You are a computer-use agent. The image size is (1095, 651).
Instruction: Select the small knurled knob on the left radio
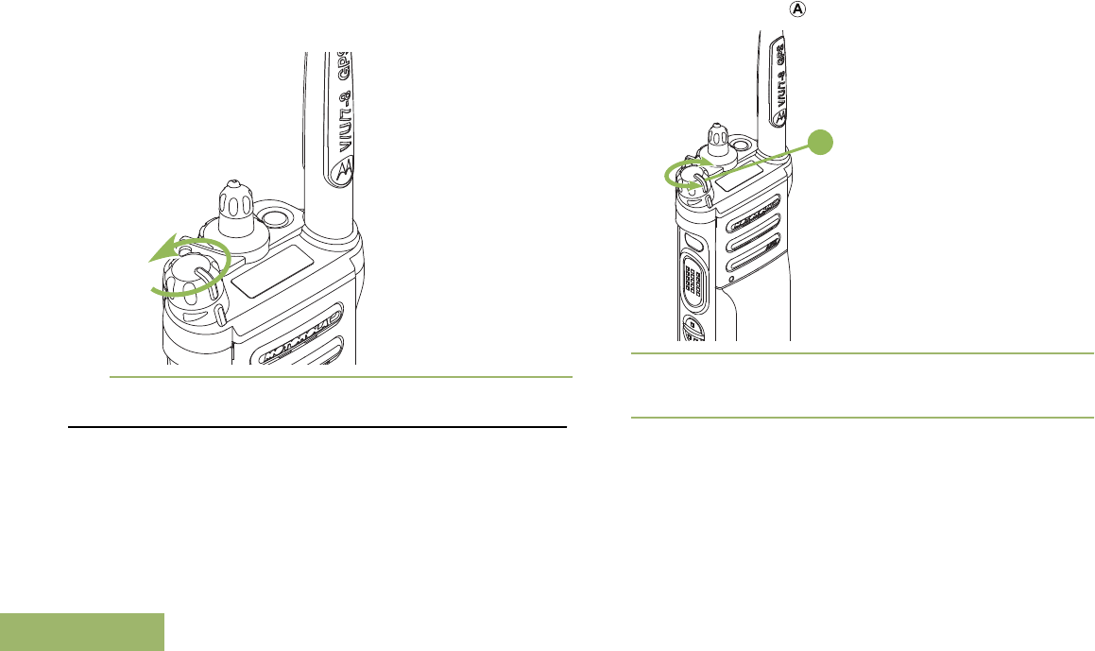click(233, 203)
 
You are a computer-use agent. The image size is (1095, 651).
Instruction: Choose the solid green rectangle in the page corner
click(82, 632)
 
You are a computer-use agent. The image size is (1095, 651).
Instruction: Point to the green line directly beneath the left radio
click(340, 378)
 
